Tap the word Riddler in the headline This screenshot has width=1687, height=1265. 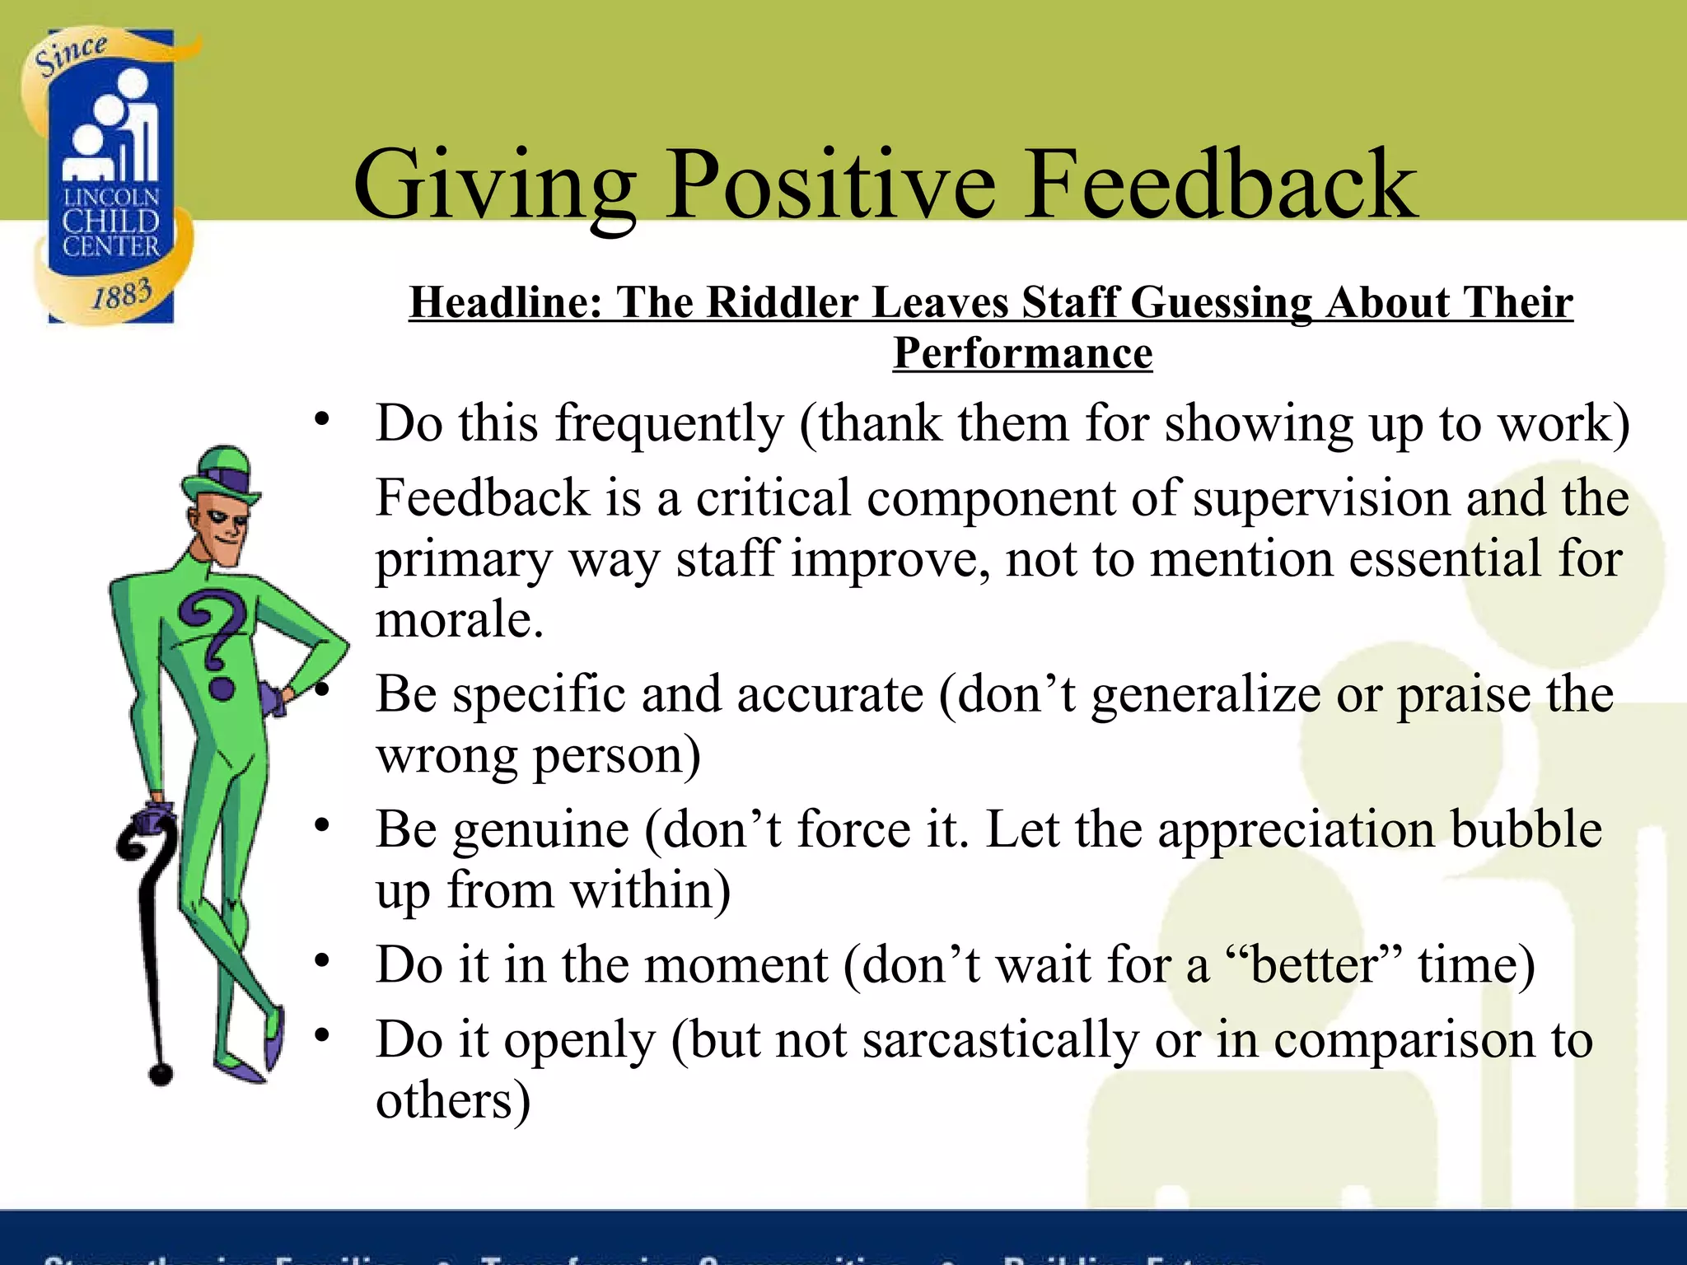tap(782, 302)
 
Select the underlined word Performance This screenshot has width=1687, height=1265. tap(1022, 353)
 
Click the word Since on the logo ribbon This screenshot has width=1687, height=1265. tap(71, 54)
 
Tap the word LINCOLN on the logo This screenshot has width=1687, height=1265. tap(111, 198)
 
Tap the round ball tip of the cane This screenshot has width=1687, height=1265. tap(161, 1074)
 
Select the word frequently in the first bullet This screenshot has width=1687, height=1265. tap(669, 424)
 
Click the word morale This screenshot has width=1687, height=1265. tap(460, 619)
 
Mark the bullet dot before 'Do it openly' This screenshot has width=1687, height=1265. tap(322, 1034)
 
